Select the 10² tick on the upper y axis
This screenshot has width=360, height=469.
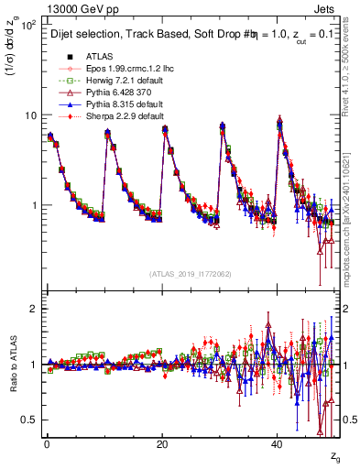point(27,25)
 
